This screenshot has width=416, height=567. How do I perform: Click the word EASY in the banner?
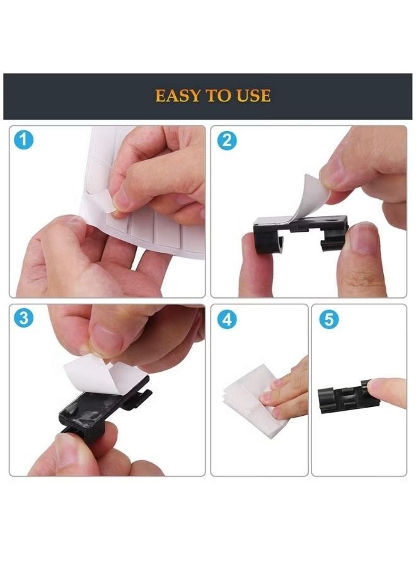tap(176, 96)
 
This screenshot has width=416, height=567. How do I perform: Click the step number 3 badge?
tap(23, 318)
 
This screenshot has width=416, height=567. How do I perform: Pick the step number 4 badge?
tap(226, 319)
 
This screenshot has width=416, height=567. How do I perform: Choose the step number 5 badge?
tap(327, 319)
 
